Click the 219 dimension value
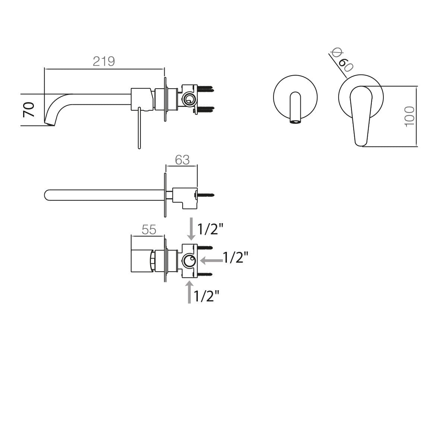pos(104,61)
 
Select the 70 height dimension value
pos(29,110)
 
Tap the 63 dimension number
pos(182,160)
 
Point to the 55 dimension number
pos(149,230)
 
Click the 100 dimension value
pos(409,116)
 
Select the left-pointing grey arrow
pos(211,259)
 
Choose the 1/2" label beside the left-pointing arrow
pos(235,257)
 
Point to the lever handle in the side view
pos(139,129)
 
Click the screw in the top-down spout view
pos(206,194)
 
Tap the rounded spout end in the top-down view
pos(47,195)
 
